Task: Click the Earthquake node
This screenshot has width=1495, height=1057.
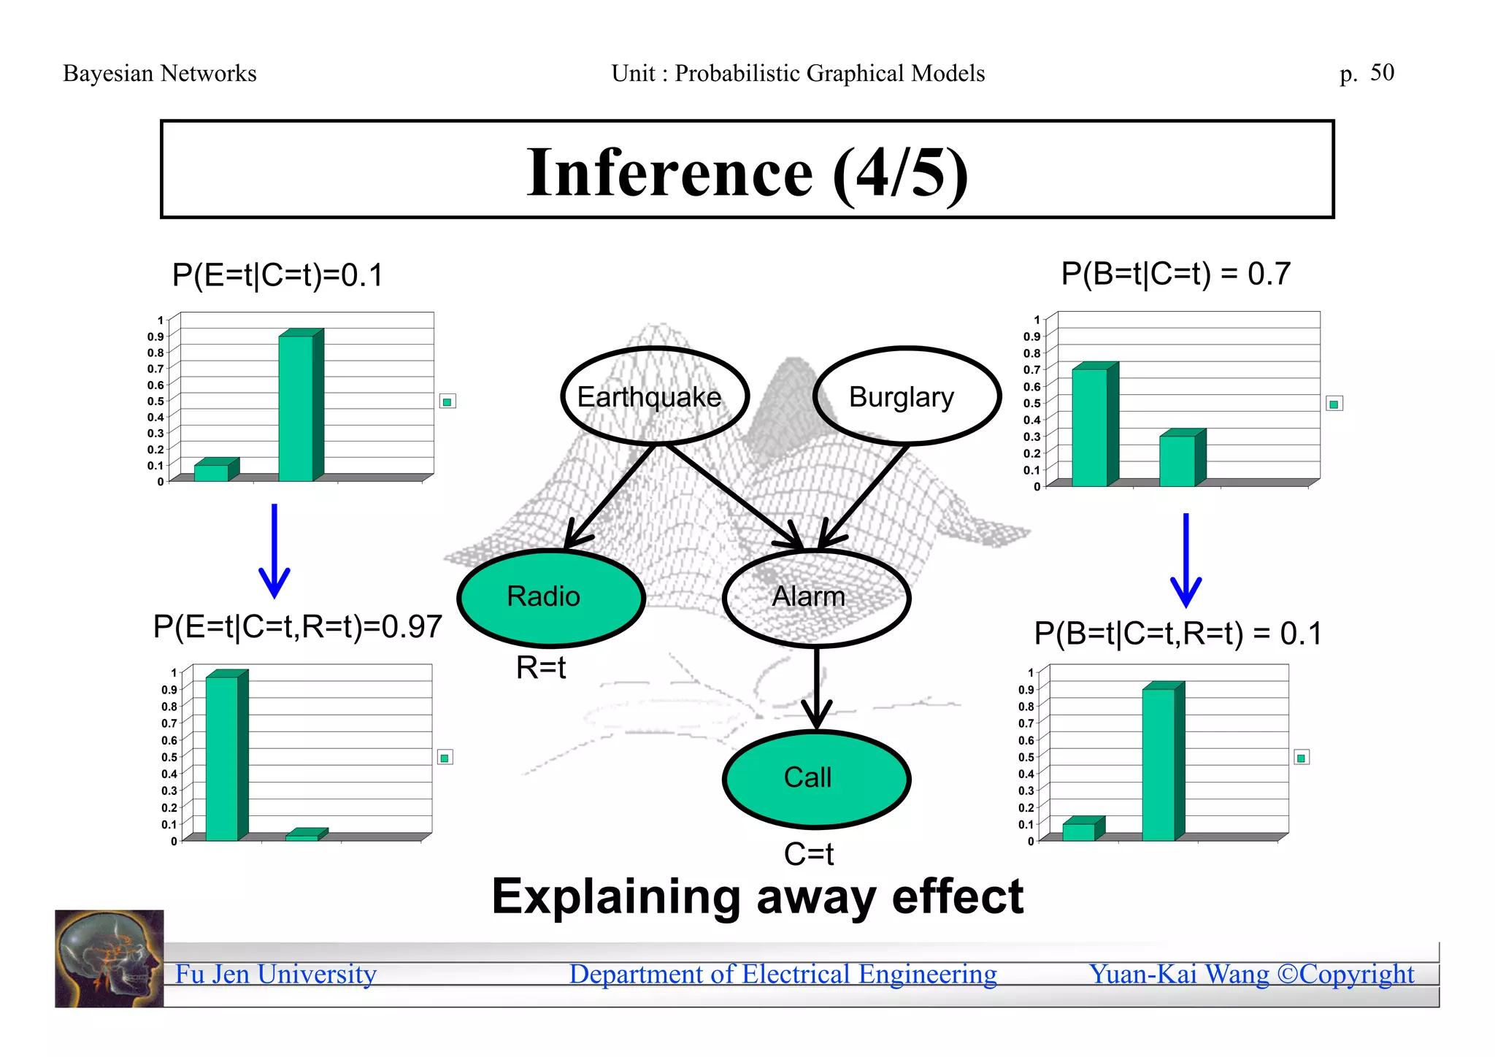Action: point(655,396)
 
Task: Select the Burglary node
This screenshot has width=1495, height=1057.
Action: point(906,396)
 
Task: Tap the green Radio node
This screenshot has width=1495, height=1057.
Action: point(551,598)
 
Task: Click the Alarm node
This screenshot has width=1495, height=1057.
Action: point(815,598)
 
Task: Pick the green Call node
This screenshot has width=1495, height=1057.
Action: point(815,779)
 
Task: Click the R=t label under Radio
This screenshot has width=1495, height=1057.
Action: point(541,667)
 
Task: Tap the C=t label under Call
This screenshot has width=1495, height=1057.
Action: point(808,853)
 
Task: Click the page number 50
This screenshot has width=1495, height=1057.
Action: point(1382,73)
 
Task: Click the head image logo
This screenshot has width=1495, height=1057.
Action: point(109,958)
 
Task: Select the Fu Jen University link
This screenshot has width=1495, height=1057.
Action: point(276,974)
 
